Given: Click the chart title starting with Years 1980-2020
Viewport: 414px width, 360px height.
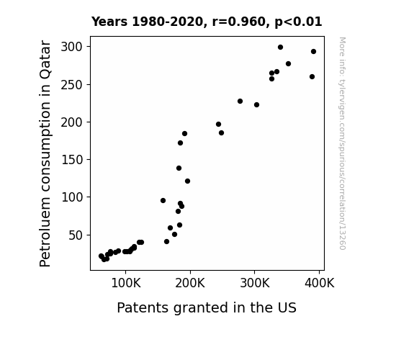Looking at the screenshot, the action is (207, 22).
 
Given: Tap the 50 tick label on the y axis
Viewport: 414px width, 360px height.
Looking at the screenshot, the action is (76, 235).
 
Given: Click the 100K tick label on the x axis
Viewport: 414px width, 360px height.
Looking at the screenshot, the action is (126, 283).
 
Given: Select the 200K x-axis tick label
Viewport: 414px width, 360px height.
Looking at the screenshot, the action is (190, 283).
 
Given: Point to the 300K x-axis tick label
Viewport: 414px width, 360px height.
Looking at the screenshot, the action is (255, 283).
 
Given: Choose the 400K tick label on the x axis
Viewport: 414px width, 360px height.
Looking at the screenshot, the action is (320, 283).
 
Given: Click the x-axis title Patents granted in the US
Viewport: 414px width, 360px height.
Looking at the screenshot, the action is (207, 307).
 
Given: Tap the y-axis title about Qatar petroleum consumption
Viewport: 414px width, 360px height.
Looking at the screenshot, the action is (45, 153).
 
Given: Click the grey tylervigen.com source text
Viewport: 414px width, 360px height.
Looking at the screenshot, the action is (342, 143).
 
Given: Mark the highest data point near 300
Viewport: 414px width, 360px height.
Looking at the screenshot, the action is (280, 48).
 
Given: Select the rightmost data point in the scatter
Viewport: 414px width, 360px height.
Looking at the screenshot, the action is (313, 52).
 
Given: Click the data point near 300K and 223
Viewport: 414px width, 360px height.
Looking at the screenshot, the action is (256, 105).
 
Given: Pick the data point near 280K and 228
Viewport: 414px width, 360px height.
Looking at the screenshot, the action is (240, 101).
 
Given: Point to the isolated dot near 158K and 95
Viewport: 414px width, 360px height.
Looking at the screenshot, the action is (163, 200).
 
